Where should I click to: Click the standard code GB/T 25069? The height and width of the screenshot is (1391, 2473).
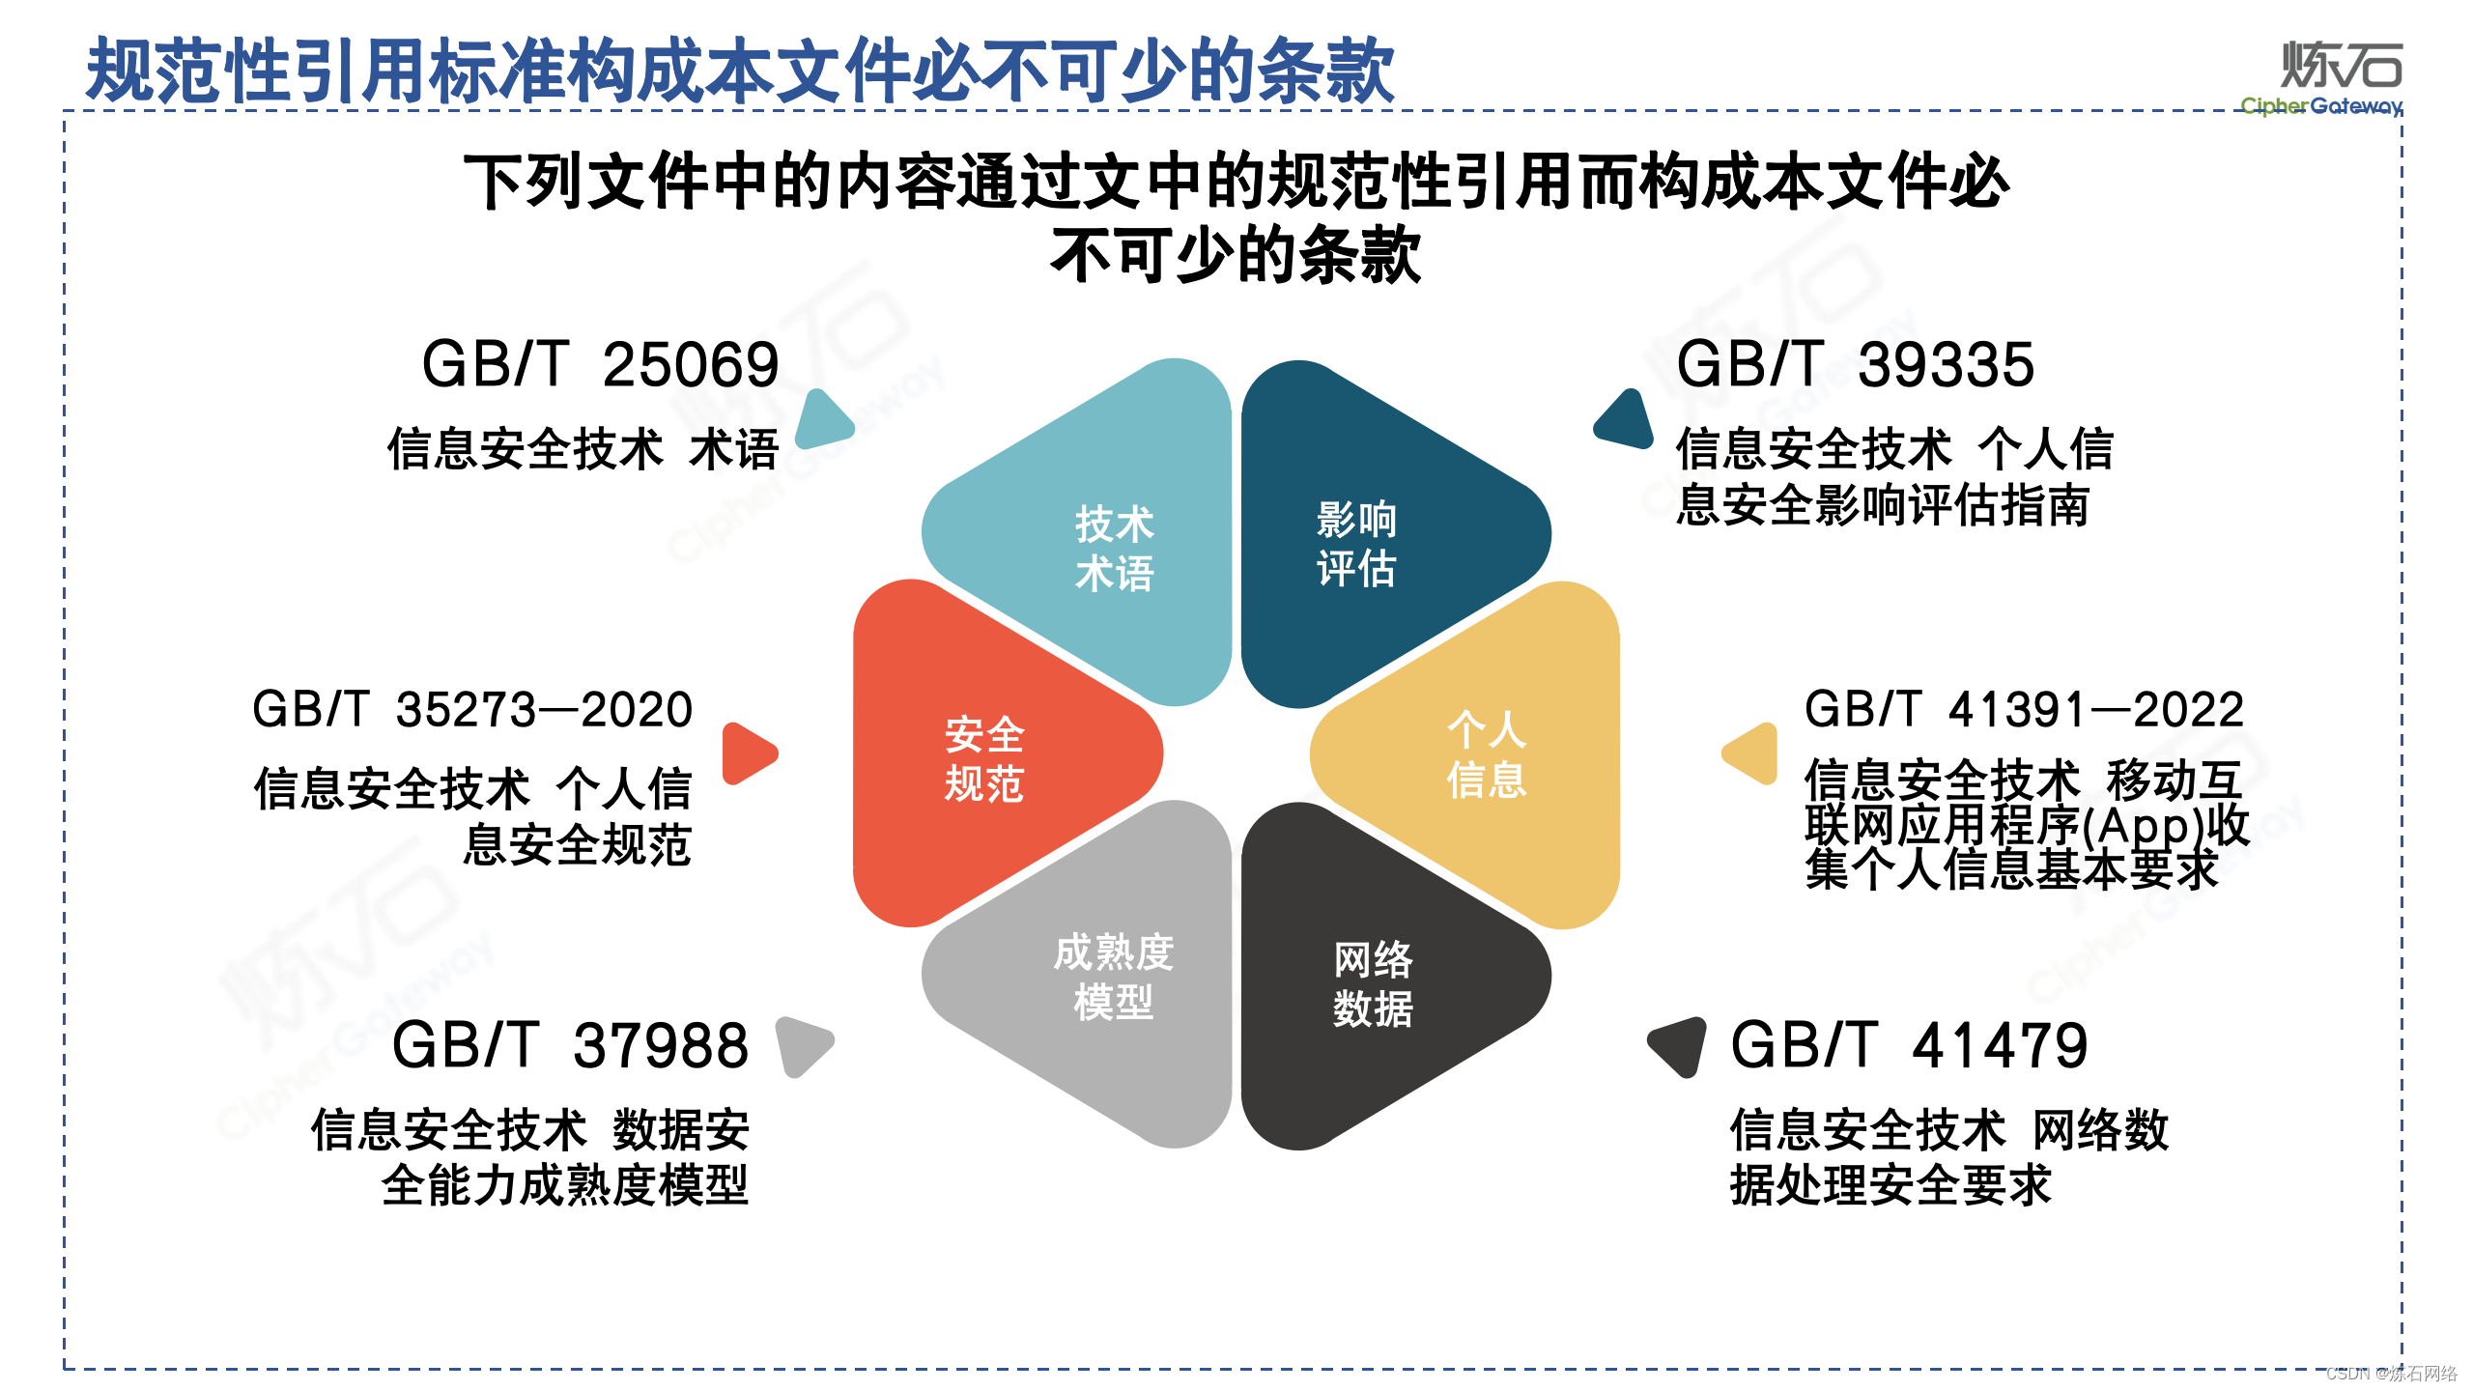click(600, 365)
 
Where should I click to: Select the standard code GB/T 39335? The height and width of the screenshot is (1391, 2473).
click(1855, 365)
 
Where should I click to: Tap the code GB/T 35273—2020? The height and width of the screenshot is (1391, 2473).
click(472, 710)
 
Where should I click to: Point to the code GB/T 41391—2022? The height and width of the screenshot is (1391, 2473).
click(2024, 710)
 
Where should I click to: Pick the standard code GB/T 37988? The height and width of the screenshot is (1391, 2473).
click(570, 1045)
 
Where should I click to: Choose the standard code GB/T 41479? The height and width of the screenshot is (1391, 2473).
click(1909, 1045)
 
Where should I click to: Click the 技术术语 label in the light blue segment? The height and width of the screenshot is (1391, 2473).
click(1114, 548)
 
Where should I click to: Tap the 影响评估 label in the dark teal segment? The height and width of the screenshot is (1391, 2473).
click(1356, 544)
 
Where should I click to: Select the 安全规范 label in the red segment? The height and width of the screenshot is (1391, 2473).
click(983, 759)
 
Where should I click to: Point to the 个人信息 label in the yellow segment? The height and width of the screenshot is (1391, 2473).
click(1486, 754)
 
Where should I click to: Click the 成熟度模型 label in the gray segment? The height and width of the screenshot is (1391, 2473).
click(1113, 977)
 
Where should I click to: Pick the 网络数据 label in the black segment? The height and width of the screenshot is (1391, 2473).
click(1373, 983)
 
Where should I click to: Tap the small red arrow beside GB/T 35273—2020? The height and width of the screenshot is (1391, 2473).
click(748, 753)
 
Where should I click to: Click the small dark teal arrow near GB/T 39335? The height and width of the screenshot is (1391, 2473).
click(1627, 420)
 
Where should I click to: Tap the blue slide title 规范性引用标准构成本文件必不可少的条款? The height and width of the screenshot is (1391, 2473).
click(740, 71)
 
